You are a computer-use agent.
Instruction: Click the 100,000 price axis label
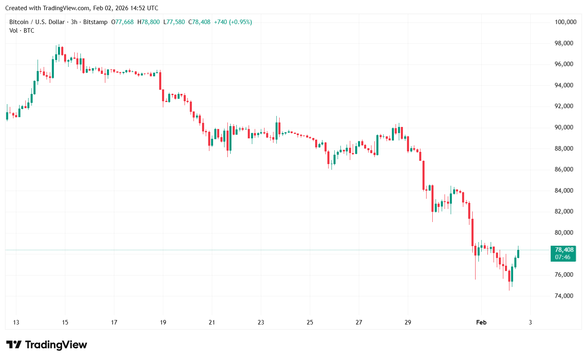click(x=565, y=22)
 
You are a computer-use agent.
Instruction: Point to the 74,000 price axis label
click(x=564, y=296)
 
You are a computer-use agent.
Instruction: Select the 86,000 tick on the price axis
click(x=564, y=169)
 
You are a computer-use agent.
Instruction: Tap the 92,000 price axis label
click(x=564, y=106)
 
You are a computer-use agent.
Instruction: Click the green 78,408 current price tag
click(x=564, y=250)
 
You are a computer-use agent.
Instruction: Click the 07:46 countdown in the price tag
click(x=563, y=257)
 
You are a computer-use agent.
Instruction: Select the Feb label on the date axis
click(x=481, y=322)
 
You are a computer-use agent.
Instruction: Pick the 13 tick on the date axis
click(x=16, y=322)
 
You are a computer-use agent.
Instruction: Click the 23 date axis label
click(x=261, y=322)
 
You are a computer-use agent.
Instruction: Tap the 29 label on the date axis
click(x=408, y=322)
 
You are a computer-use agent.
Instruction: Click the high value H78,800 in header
click(x=149, y=22)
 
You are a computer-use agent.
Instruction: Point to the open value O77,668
click(x=122, y=22)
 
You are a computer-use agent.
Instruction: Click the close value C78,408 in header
click(x=200, y=22)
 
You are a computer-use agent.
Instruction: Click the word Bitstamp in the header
click(x=96, y=22)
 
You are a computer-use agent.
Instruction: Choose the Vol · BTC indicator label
click(x=22, y=31)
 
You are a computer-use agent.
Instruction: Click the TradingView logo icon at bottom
click(x=14, y=345)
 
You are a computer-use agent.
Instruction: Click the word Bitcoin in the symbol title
click(x=19, y=22)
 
